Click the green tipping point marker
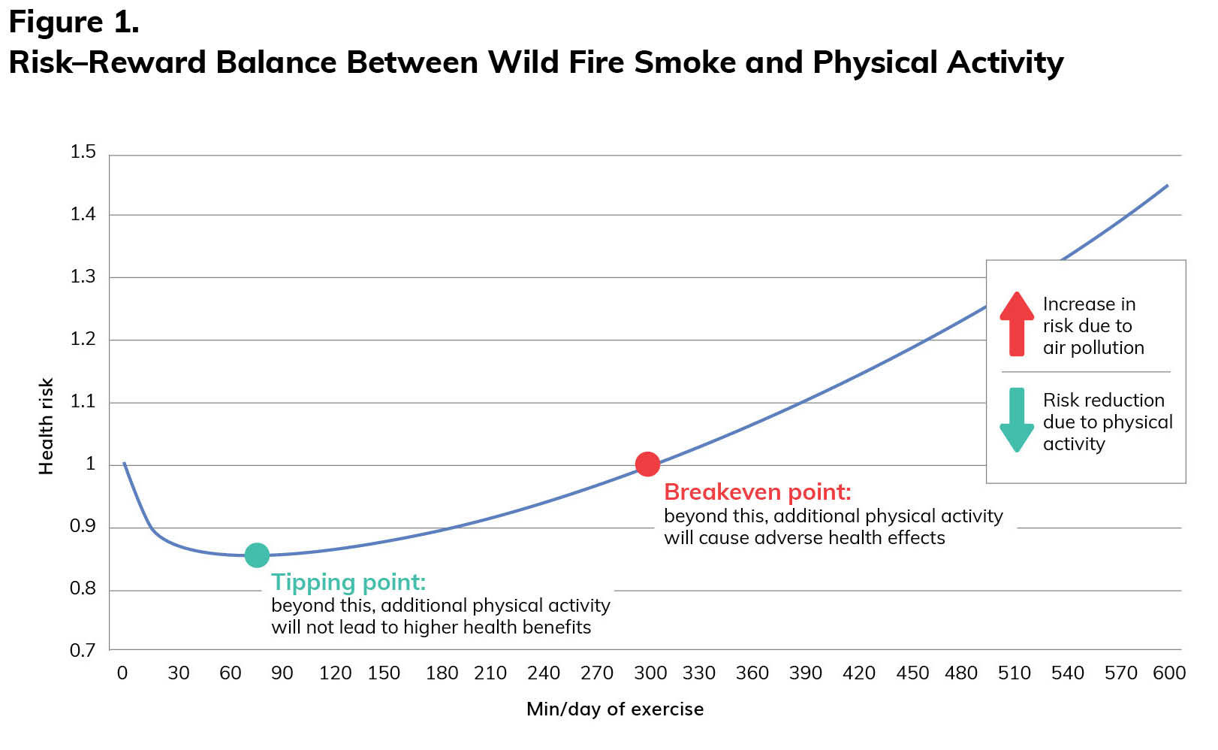pos(257,555)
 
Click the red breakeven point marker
pos(647,464)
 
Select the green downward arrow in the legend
pos(1017,419)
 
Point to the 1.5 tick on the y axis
pos(83,152)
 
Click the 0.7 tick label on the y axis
pos(83,650)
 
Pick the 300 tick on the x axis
pos(650,673)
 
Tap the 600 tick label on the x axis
pos(1169,673)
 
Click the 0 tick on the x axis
pos(122,673)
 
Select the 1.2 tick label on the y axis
pos(83,339)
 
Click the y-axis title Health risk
pos(47,426)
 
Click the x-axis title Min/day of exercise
pos(615,709)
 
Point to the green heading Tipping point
pos(348,582)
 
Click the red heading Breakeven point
pos(758,492)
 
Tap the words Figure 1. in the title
pos(74,23)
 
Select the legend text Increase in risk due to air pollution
pos(1093,325)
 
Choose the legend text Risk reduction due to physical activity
pos(1107,422)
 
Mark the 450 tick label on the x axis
pos(912,673)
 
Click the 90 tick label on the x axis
pos(282,673)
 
